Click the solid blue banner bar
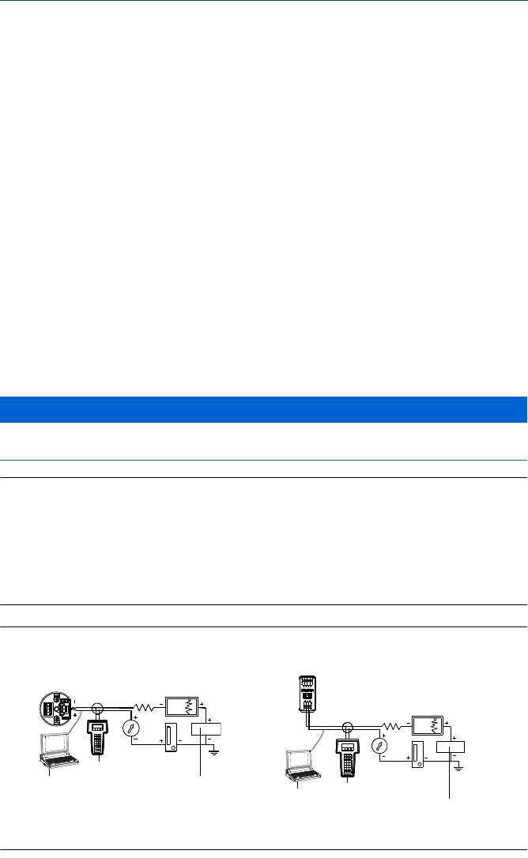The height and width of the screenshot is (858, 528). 264,410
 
